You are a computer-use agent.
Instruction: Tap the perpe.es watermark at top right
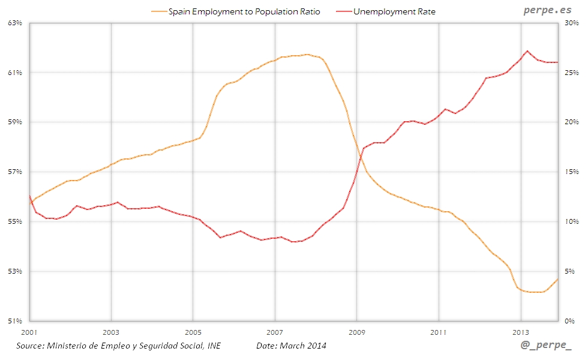(547, 10)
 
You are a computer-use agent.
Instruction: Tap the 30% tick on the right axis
(571, 23)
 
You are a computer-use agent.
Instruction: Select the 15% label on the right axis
(571, 172)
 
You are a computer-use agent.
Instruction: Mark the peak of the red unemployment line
(527, 51)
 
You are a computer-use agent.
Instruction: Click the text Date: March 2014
(291, 346)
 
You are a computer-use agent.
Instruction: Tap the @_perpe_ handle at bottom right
(546, 346)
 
